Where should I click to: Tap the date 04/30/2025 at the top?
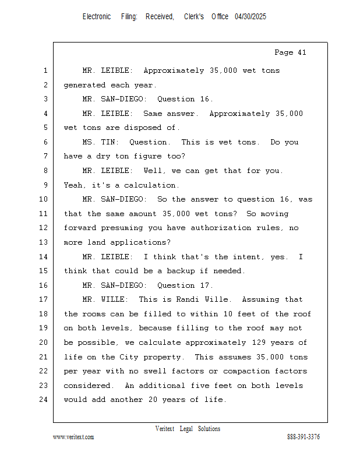point(250,17)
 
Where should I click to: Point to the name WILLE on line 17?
point(115,299)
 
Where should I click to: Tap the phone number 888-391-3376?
point(303,437)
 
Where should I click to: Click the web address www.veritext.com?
point(73,437)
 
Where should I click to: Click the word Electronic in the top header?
point(97,17)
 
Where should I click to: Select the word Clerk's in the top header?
point(194,17)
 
